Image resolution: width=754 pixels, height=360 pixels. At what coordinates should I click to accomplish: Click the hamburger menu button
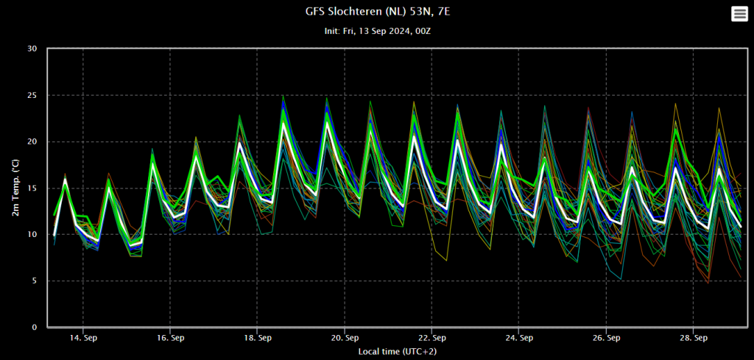tap(739, 14)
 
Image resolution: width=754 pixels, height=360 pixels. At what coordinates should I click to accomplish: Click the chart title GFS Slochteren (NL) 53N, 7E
tap(378, 11)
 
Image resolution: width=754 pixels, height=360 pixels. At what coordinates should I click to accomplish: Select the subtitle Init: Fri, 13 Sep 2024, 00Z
tap(378, 31)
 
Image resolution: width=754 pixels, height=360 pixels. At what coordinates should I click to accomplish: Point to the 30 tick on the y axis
tap(32, 49)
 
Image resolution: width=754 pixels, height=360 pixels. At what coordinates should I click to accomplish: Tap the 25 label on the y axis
tap(32, 95)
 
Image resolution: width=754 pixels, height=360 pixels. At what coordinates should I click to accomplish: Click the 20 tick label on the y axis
tap(32, 142)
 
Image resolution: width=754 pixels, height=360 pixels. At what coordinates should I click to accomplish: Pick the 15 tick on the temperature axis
tap(32, 188)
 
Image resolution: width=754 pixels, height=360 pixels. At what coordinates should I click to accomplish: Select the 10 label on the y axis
tap(32, 235)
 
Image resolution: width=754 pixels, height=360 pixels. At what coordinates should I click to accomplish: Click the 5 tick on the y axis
tap(35, 280)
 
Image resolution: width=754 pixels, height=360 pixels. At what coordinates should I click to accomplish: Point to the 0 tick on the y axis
tap(35, 328)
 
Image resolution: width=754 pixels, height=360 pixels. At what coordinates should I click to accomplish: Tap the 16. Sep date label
tap(170, 338)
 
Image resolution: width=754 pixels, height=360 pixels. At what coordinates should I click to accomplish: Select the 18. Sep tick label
tap(257, 338)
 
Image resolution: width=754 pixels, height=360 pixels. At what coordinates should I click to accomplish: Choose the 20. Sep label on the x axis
tap(345, 338)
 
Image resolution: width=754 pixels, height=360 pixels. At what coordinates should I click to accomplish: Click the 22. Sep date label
tap(431, 338)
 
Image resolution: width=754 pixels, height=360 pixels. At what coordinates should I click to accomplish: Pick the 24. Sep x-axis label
tap(519, 338)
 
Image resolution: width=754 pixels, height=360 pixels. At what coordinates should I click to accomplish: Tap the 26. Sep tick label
tap(606, 338)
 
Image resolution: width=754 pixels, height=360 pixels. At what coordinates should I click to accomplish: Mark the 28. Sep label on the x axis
tap(693, 338)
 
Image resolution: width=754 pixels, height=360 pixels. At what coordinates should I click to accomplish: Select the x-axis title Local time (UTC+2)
tap(397, 352)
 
